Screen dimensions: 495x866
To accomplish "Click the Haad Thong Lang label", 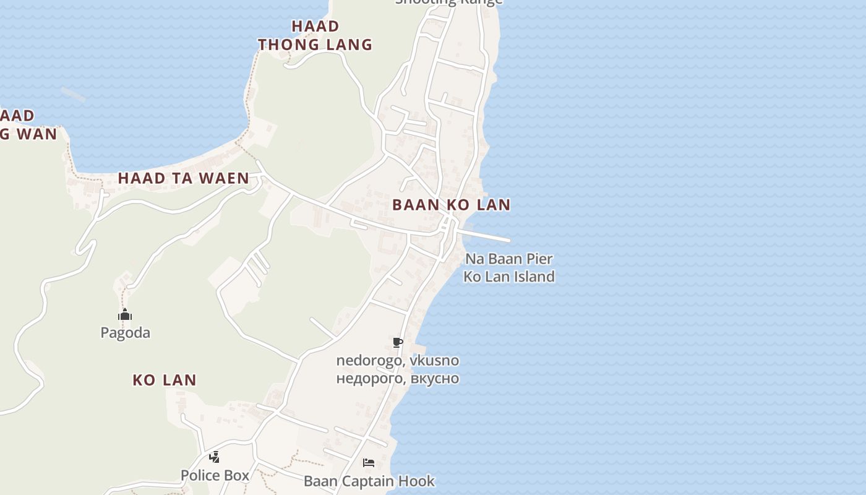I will (x=315, y=35).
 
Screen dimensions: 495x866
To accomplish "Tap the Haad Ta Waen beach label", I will (x=183, y=178).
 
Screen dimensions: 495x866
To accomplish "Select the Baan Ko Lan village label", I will (x=452, y=205).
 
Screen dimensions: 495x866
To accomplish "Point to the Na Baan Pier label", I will (x=508, y=259).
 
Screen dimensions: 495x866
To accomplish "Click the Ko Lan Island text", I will (x=508, y=276).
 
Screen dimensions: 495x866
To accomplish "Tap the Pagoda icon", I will (x=125, y=315).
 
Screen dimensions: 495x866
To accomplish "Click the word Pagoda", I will (x=125, y=333).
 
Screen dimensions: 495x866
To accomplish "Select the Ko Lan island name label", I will (x=165, y=380).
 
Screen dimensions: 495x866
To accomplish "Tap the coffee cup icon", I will (x=398, y=342).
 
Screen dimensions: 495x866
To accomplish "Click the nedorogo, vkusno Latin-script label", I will (x=398, y=360).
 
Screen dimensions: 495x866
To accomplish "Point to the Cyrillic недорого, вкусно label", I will (x=398, y=378).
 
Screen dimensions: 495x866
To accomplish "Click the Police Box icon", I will (x=214, y=457).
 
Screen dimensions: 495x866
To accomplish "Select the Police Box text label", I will (x=215, y=475).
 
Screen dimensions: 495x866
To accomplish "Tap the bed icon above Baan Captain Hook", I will (x=369, y=463).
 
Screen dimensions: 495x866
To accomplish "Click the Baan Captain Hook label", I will (x=369, y=481).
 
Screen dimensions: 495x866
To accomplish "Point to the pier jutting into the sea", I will (x=489, y=236).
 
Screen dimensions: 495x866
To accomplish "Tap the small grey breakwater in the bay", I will (x=73, y=94).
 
